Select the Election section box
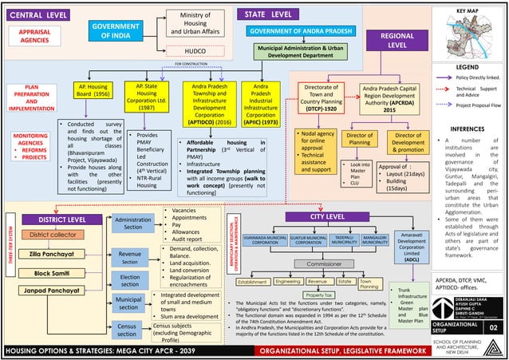128,279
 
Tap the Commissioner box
324,263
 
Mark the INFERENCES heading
468,128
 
